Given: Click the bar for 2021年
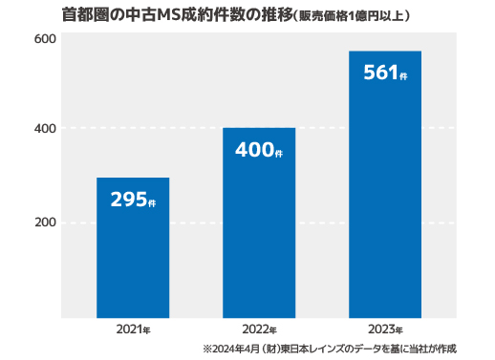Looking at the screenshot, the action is coord(133,247).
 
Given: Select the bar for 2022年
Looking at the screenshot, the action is coord(259,222).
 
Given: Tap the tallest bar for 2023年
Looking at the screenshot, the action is coord(385,184).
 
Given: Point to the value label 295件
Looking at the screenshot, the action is coord(133,200).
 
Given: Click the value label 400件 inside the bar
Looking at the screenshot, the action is coord(259,150).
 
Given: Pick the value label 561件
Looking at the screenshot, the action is coord(385,73).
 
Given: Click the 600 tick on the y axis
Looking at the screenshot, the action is coord(45,39).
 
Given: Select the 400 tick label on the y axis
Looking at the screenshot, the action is coord(45,129).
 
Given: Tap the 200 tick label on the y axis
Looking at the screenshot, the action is coord(45,222).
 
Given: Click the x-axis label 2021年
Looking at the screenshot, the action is coord(133,329).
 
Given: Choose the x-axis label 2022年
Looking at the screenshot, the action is coord(259,329).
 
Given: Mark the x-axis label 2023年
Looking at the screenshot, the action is coord(385,329).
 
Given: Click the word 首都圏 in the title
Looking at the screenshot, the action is coord(86,15).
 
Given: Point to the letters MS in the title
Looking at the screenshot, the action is coord(169,15).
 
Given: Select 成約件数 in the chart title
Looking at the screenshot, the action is coord(213,15).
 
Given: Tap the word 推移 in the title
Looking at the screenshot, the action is coord(277,15).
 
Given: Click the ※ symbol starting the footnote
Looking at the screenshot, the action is coord(207,349).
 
